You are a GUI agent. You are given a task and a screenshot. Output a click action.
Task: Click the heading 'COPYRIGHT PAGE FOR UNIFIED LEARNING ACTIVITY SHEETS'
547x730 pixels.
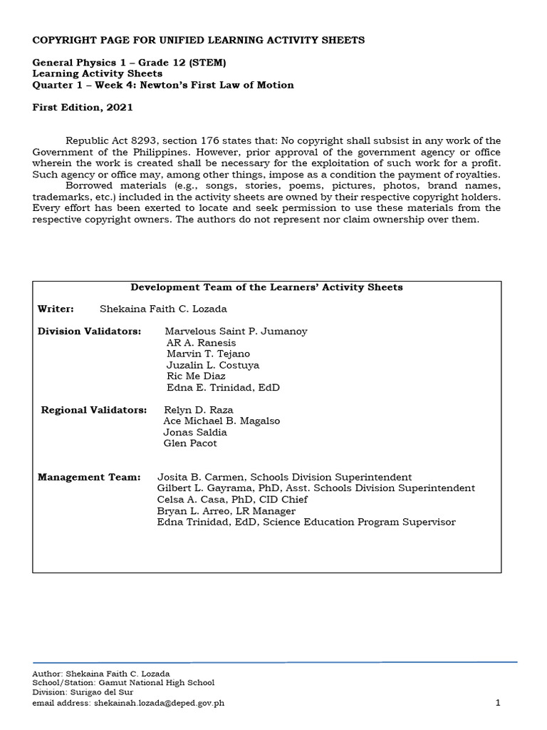199,40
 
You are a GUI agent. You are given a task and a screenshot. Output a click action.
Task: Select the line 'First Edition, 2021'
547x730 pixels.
82,108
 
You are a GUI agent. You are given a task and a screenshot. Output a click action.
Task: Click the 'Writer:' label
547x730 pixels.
56,309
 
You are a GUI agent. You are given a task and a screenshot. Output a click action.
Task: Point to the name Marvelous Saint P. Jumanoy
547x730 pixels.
236,331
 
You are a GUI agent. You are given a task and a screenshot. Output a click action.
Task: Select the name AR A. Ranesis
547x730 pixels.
201,343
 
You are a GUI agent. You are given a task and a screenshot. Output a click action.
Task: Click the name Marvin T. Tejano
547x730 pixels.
208,354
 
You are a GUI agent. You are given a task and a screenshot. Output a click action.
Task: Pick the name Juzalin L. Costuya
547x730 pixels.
212,365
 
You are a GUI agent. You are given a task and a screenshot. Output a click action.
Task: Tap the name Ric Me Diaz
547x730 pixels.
196,376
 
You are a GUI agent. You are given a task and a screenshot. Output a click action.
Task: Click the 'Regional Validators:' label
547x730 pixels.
94,410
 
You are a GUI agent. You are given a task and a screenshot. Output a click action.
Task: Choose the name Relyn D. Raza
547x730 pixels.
198,410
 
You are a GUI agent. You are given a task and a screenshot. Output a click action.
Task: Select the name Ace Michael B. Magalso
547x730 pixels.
222,421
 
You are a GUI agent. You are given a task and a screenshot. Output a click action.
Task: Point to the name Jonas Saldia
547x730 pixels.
195,432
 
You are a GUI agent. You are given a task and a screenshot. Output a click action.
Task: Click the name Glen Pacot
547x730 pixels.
190,443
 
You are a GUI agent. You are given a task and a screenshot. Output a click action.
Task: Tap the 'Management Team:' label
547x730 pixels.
89,477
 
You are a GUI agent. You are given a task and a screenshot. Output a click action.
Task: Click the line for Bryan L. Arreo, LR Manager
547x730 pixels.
226,511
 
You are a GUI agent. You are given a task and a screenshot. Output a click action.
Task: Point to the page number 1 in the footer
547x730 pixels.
499,703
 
